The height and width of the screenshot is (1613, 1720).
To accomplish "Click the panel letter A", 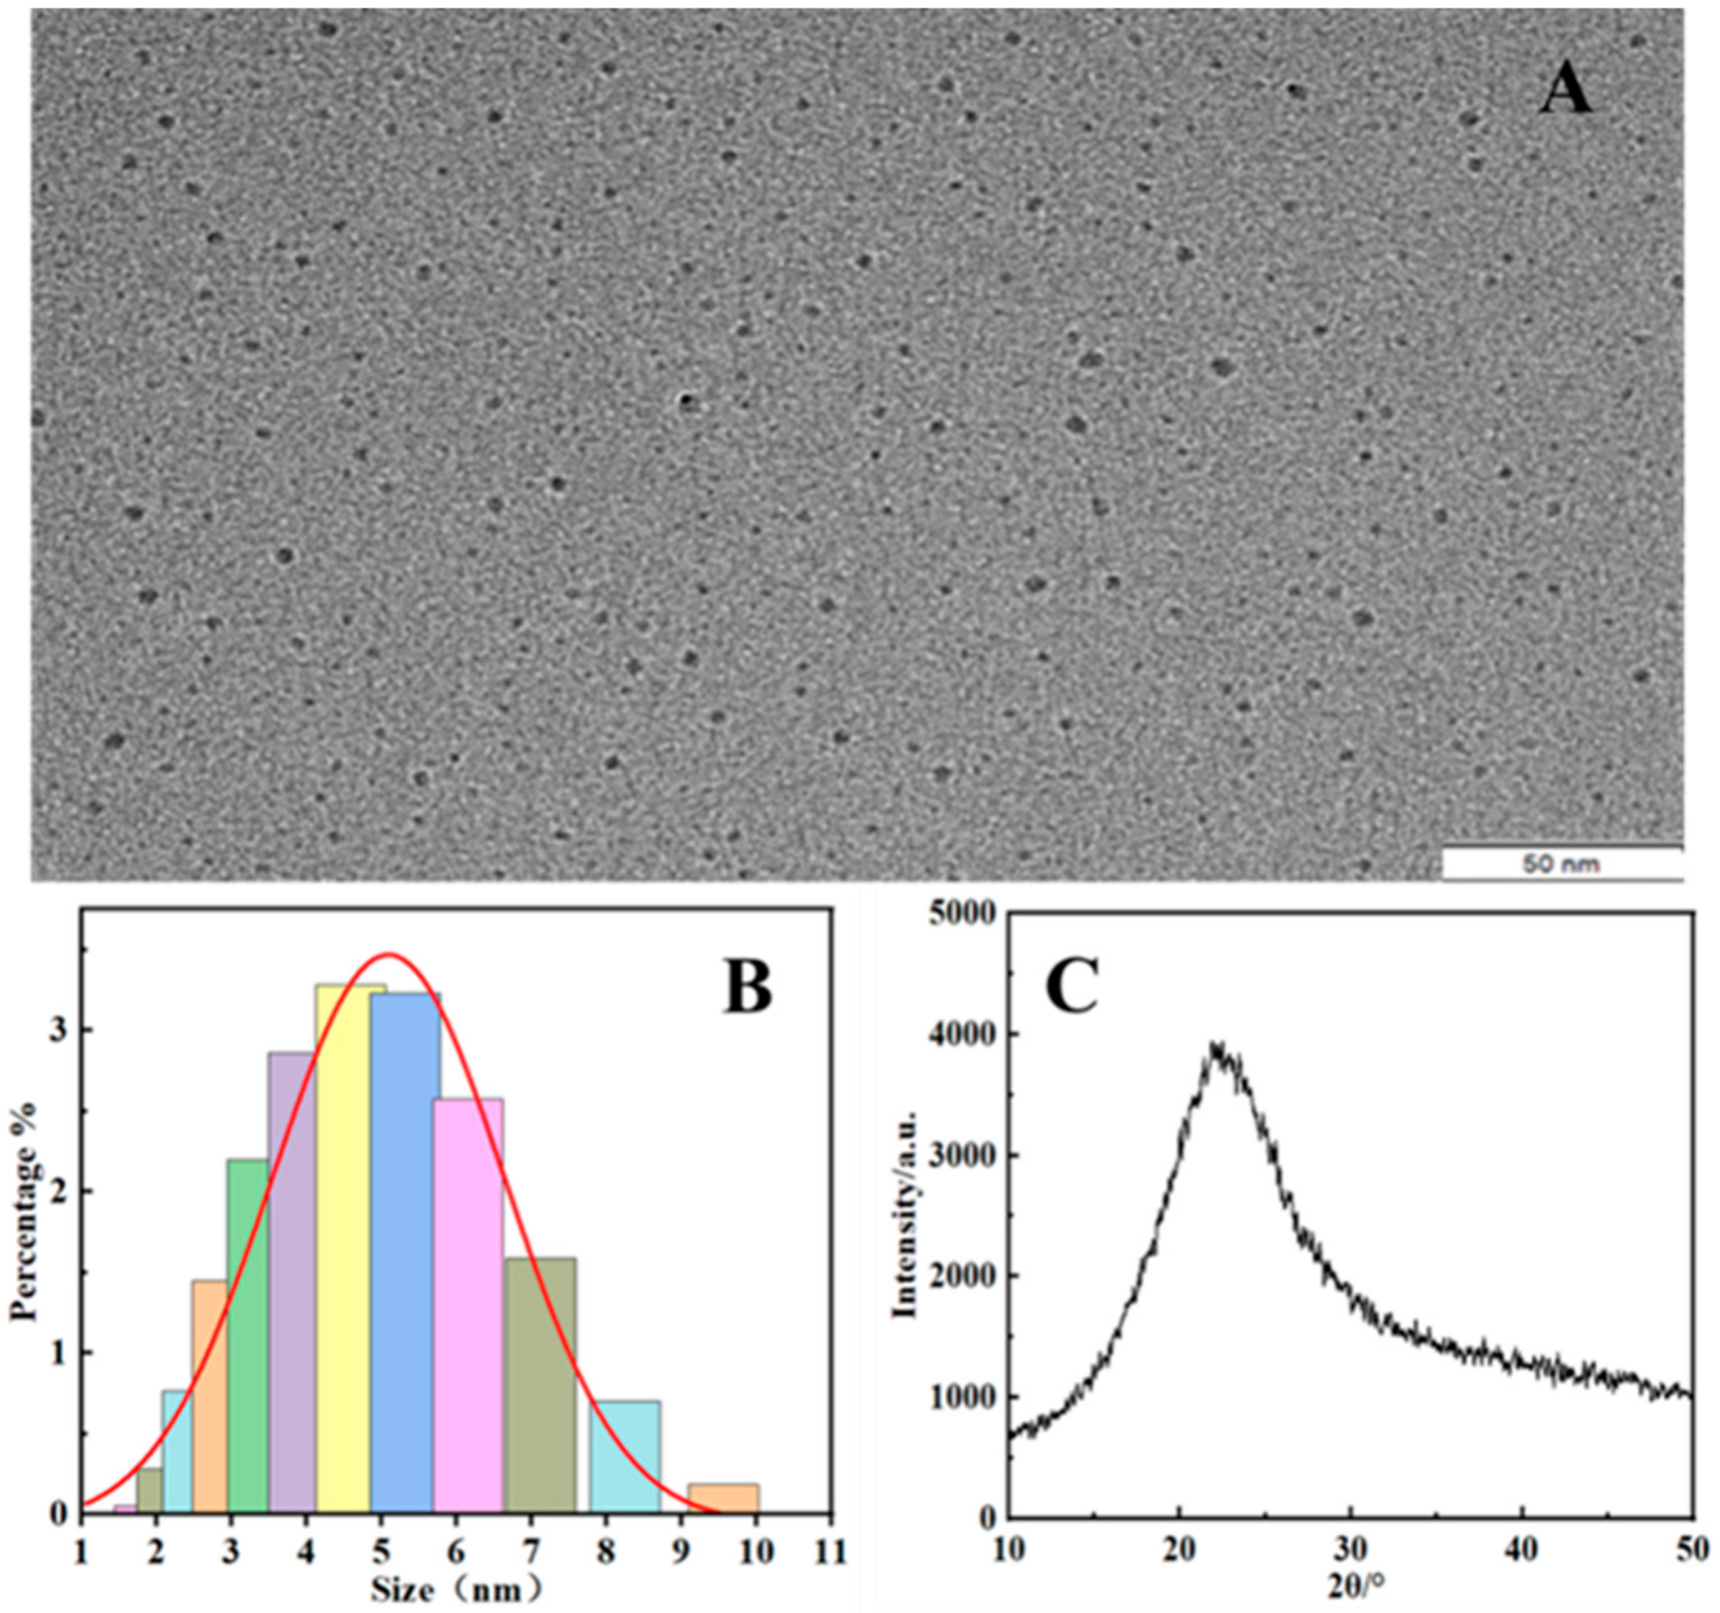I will pos(1566,93).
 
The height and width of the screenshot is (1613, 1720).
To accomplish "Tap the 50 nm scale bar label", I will pos(1562,864).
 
